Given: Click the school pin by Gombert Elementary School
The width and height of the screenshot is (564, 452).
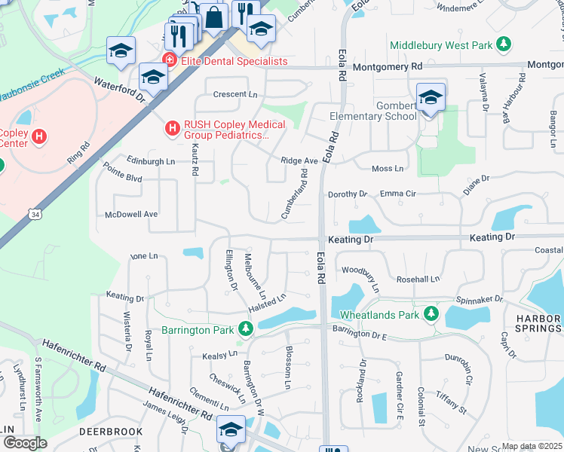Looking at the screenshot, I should pos(431,98).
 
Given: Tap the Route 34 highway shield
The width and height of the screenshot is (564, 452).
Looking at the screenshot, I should pos(34,215).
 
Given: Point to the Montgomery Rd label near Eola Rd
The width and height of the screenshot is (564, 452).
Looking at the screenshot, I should pos(387,67).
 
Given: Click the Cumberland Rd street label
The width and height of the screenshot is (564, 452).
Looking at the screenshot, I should pos(296,194).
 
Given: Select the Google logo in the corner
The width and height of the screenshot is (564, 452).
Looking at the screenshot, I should pos(25,443).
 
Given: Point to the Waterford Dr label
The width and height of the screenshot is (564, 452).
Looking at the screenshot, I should pos(119,89).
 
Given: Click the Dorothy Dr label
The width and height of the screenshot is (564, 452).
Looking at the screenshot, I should pos(347,194).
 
